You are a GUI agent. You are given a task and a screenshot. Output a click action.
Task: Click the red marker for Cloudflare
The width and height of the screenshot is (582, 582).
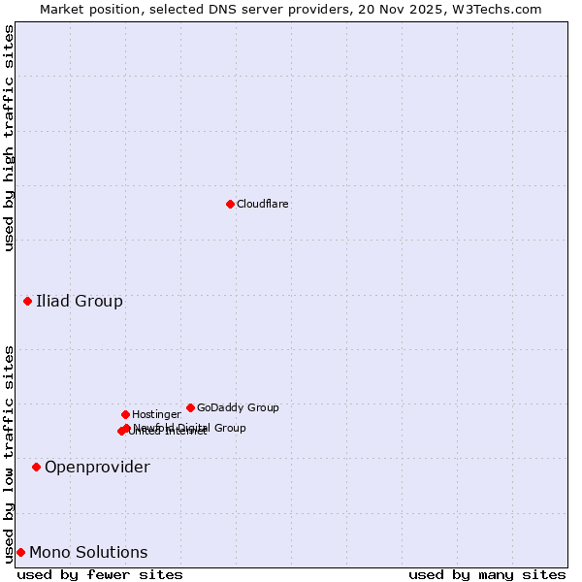230,204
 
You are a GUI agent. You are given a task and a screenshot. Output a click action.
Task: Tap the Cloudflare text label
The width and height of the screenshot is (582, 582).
262,205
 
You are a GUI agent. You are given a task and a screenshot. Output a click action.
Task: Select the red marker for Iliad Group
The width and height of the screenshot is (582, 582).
27,301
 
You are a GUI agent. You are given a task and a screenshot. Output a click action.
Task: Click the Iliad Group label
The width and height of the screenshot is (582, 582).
80,301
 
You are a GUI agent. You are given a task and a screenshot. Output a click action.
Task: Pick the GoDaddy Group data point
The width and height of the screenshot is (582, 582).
190,407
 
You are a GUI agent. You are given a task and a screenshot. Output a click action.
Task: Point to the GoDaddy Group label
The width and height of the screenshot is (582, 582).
238,408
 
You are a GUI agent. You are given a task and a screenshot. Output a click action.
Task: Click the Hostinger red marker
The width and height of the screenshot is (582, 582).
125,414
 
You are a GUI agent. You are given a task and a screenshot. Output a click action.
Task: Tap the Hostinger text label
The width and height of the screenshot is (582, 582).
156,415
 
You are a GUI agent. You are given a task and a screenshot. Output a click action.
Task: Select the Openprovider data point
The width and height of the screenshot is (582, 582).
36,467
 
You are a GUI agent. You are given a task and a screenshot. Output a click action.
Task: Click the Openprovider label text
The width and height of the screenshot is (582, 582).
97,468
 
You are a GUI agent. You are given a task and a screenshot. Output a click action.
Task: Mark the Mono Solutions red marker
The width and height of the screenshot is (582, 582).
20,552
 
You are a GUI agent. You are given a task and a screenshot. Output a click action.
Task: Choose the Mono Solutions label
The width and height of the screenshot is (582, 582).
88,553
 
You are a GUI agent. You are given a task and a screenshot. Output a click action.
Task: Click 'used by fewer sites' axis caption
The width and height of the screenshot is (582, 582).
100,574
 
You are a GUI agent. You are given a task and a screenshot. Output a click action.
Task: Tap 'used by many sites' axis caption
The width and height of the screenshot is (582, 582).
487,574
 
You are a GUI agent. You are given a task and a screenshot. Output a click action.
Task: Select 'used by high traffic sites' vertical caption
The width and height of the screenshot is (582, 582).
9,138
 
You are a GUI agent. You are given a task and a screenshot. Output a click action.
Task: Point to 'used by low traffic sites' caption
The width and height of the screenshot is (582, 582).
9,454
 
